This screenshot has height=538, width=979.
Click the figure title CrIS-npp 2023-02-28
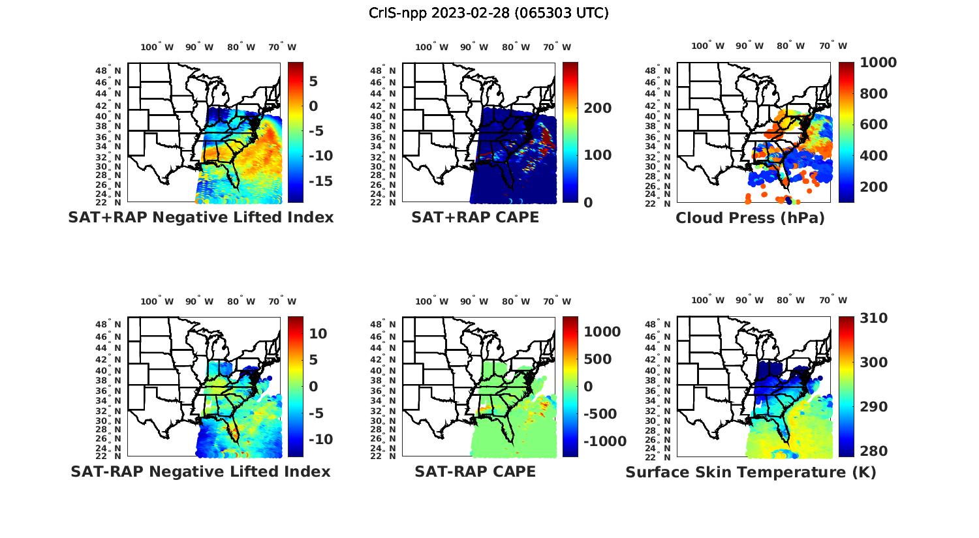[489, 13]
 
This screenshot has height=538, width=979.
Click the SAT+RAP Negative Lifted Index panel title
[201, 217]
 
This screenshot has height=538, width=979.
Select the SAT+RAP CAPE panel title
[475, 217]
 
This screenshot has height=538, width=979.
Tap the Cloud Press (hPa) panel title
[750, 218]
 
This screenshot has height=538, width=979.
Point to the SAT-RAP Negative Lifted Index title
[201, 471]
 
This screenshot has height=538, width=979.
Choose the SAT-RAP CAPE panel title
[475, 471]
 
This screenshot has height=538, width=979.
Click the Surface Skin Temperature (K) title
[751, 472]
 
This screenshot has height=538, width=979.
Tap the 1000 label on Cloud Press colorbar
[878, 63]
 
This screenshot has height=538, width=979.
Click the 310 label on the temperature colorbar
[873, 318]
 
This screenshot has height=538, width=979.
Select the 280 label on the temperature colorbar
[873, 451]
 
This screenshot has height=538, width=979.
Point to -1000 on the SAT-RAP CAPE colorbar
[604, 441]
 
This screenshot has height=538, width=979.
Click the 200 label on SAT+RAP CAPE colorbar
[597, 108]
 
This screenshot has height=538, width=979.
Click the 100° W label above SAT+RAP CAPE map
[431, 47]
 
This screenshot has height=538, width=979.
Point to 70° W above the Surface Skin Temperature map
[833, 301]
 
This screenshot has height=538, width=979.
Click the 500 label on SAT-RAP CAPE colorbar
[598, 359]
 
